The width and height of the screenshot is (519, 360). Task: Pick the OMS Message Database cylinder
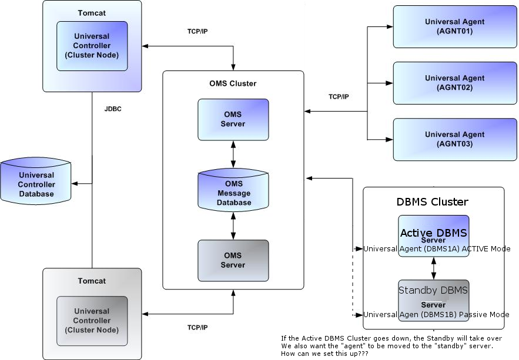coord(233,192)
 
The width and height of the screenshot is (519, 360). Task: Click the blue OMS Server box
coord(233,119)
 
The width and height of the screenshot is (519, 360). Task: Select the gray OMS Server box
coord(233,260)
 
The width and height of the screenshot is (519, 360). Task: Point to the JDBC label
coord(113,109)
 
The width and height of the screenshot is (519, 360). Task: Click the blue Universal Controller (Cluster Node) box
coord(92,46)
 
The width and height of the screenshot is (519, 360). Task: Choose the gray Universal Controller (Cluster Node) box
coord(92,321)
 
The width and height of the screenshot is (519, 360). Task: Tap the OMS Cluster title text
coord(233,84)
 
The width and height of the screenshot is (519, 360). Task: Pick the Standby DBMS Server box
coord(433,297)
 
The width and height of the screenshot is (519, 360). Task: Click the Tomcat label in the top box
coord(92,13)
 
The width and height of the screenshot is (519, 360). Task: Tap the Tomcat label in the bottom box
coord(92,281)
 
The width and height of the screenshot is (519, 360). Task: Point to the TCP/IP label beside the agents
coord(339,97)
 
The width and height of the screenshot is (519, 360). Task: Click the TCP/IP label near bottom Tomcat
coord(197,327)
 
